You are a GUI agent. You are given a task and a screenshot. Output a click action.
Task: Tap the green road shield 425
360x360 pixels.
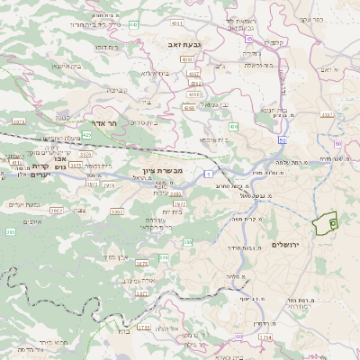87,134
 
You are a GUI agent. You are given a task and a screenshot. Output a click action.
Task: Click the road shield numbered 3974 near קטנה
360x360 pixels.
18,121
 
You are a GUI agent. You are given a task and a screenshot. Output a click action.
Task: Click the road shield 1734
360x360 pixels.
265,337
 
